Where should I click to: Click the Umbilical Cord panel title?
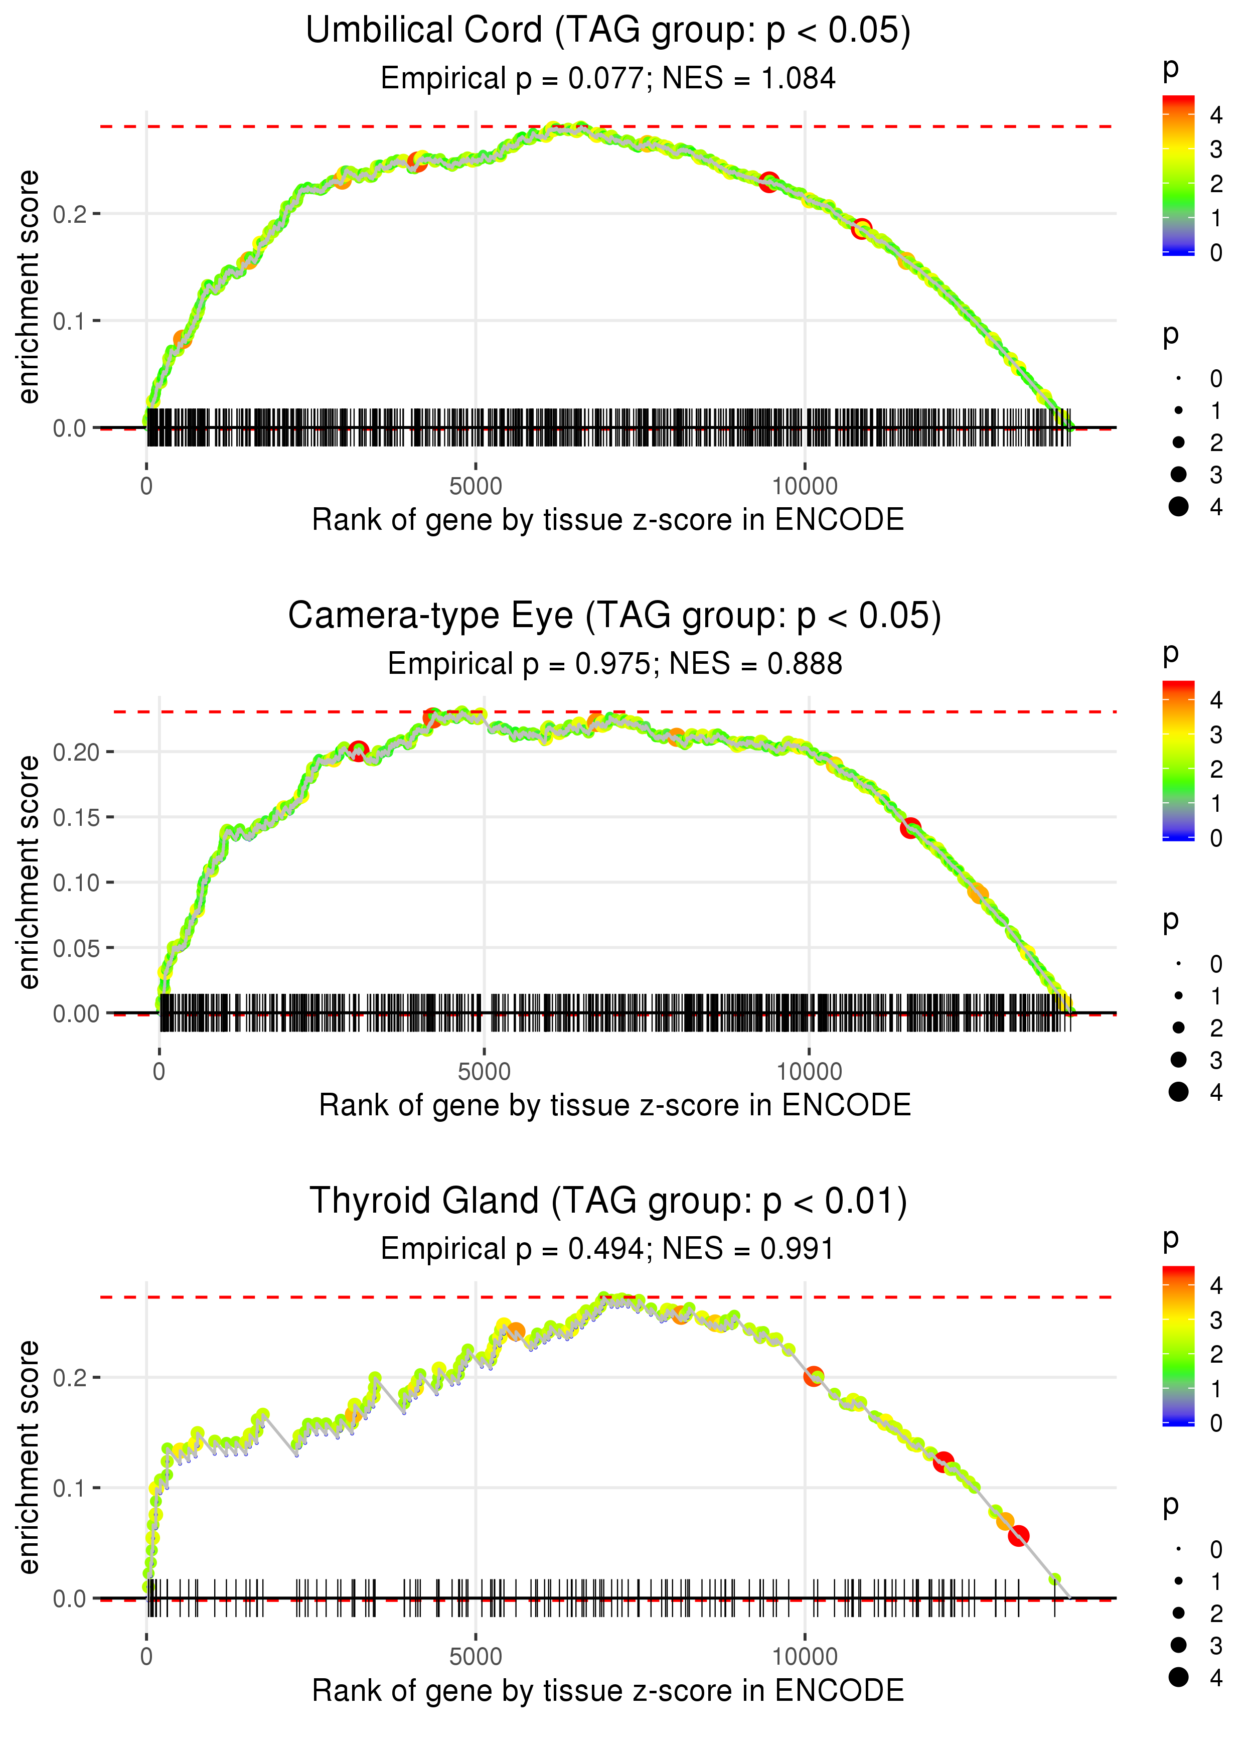pos(608,31)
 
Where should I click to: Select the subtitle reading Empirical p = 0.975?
pos(614,664)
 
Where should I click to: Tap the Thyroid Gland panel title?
pos(608,1202)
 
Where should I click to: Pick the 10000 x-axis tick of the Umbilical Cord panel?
pos(805,487)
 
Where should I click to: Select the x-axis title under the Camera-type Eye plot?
pos(614,1105)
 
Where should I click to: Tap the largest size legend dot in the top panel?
pos(1178,507)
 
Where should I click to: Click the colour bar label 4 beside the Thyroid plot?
pos(1215,1286)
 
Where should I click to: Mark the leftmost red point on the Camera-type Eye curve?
pos(358,750)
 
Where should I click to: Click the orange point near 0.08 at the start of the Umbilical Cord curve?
pos(182,340)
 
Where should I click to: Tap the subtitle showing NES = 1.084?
pos(608,79)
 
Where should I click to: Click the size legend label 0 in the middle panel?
pos(1215,964)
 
